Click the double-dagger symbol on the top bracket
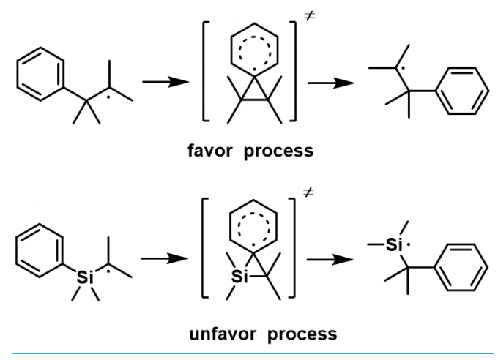[309, 16]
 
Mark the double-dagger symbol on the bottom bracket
[309, 195]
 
